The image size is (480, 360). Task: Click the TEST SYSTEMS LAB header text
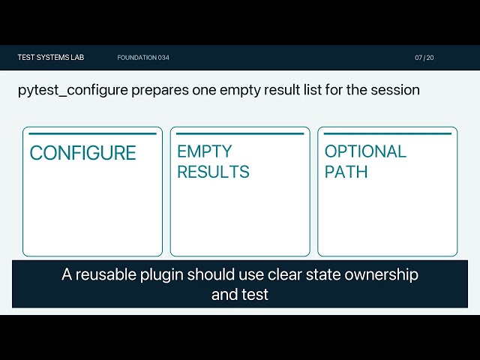tap(51, 58)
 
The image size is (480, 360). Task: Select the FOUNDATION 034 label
tap(143, 58)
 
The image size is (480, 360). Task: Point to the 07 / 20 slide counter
tap(424, 58)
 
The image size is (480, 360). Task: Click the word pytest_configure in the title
tap(73, 91)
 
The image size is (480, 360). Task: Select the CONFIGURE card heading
tap(82, 153)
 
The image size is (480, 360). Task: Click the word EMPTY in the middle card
tap(204, 151)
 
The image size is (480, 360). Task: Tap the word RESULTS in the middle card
tap(213, 172)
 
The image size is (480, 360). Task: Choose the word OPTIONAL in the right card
tap(365, 151)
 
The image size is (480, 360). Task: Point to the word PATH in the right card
tap(346, 172)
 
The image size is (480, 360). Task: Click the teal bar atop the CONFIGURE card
tap(92, 133)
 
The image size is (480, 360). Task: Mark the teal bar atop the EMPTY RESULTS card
tap(240, 133)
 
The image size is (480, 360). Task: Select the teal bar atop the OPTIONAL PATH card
tap(388, 133)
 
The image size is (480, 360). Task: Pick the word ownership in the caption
tap(382, 275)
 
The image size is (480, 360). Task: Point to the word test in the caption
tap(255, 295)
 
